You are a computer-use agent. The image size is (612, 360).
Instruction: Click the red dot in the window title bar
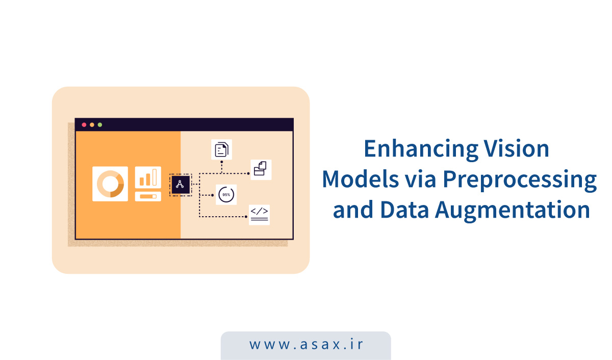84,125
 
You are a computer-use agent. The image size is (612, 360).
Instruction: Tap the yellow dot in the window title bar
92,125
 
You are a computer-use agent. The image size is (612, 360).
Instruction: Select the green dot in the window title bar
100,125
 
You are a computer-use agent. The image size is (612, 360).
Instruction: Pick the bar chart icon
148,177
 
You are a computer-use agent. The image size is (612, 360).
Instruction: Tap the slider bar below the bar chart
148,197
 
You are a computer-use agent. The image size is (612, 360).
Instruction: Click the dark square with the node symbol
181,185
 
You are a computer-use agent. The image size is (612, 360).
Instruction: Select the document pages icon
221,149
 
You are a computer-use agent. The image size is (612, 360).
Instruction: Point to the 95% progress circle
226,195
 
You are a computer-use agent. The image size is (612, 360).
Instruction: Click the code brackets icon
259,215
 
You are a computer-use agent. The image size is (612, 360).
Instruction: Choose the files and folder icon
261,170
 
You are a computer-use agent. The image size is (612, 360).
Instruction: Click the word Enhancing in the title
421,149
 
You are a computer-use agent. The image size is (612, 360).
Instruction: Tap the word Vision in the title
516,149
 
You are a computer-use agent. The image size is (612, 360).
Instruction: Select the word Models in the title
361,179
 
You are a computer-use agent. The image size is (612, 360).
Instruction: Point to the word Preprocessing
520,180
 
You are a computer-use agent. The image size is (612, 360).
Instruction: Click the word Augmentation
512,210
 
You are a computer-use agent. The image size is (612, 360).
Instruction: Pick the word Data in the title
404,210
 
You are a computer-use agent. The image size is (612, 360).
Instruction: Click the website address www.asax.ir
306,344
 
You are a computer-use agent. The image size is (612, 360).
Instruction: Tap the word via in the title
420,179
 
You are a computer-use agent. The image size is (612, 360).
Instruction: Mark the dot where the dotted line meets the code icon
246,217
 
